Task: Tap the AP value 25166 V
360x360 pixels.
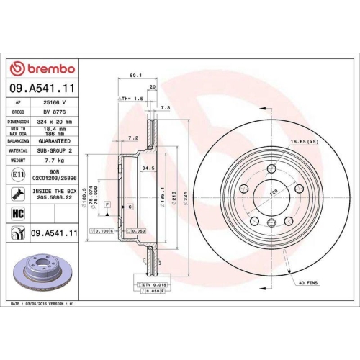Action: point(53,103)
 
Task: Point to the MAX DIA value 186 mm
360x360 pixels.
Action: point(53,135)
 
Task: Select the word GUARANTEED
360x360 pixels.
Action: point(56,143)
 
